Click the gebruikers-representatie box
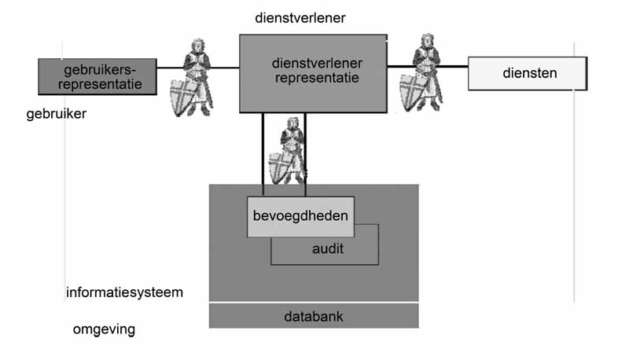[x=97, y=75]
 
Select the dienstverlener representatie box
[x=313, y=72]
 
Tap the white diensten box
[x=528, y=74]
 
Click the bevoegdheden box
[x=300, y=215]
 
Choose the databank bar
[x=313, y=316]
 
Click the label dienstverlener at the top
[x=300, y=17]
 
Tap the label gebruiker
[x=55, y=114]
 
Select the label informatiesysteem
[x=124, y=293]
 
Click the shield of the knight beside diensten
[x=413, y=91]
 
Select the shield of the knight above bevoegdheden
[x=281, y=166]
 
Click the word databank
[x=313, y=317]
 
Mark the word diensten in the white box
[x=529, y=74]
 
